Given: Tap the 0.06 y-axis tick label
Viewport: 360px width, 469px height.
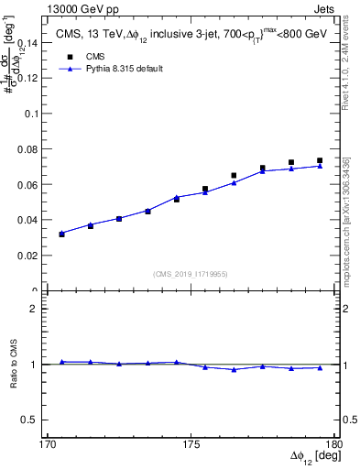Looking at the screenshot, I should (32, 184).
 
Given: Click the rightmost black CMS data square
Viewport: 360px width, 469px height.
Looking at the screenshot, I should (320, 161).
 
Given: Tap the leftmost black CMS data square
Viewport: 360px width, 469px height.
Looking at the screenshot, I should (61, 234).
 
